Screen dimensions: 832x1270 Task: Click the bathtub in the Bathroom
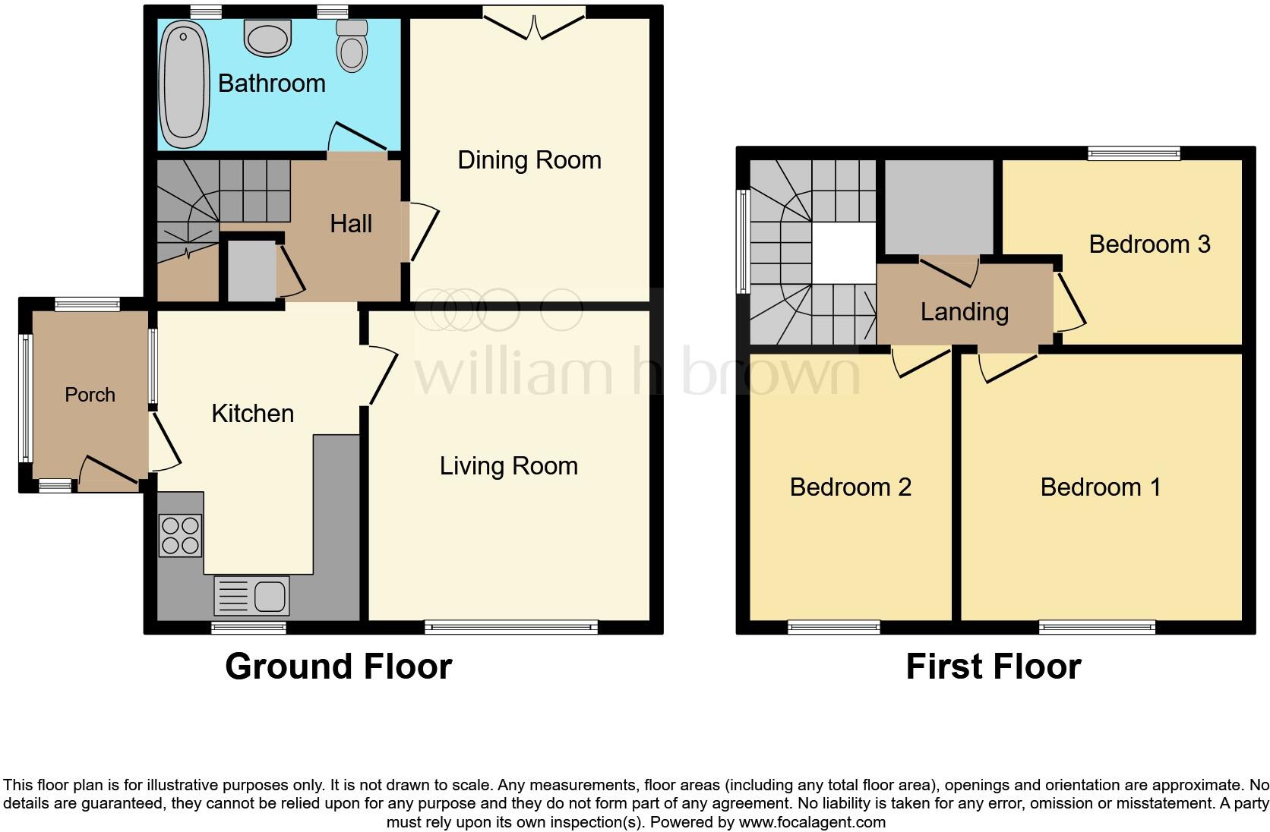(x=185, y=85)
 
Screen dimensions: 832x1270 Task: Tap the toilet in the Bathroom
(x=352, y=47)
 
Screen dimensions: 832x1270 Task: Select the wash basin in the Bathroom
(x=268, y=38)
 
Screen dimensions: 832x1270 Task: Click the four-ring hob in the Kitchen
(x=181, y=535)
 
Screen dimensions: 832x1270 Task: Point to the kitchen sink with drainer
(x=252, y=595)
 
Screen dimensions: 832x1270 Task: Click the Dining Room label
(x=529, y=160)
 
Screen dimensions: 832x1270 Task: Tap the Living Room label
(x=508, y=465)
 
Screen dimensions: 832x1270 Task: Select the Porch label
(x=90, y=395)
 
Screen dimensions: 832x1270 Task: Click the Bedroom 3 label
(x=1148, y=244)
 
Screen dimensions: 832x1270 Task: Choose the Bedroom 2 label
(x=850, y=487)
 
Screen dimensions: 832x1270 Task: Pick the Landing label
(x=964, y=312)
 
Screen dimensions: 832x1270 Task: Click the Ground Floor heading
(x=338, y=667)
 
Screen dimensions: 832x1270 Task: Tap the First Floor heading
(x=993, y=667)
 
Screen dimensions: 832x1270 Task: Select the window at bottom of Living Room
(x=511, y=627)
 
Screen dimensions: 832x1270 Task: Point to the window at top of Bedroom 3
(x=1133, y=153)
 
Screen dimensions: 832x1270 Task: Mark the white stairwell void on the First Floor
(x=844, y=252)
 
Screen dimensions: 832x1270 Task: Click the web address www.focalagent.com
(x=811, y=822)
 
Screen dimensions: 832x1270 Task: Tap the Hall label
(x=351, y=224)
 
